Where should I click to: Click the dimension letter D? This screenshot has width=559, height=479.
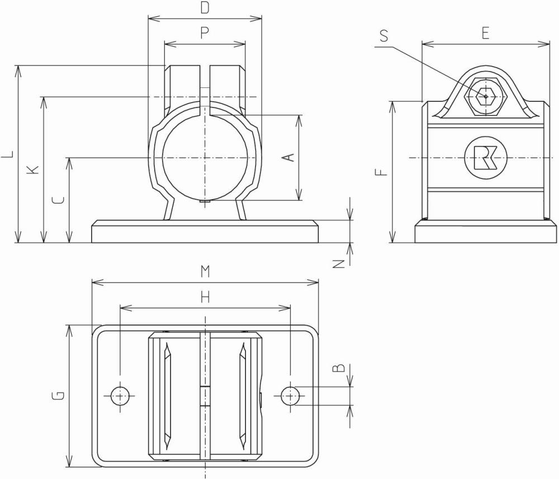click(205, 8)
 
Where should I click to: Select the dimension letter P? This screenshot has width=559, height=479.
click(205, 34)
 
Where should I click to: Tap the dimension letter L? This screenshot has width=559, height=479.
click(7, 154)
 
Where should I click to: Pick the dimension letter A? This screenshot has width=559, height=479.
click(289, 158)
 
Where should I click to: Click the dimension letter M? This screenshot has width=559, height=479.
click(205, 271)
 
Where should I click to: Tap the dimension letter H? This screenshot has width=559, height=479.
click(205, 297)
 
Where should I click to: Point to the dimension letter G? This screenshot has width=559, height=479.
click(58, 396)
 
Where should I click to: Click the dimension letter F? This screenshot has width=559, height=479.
click(381, 171)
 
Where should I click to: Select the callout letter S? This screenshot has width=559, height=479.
click(383, 36)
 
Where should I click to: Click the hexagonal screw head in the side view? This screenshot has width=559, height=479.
click(485, 97)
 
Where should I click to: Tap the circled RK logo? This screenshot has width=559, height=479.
click(485, 158)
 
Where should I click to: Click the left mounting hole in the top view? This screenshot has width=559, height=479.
click(120, 396)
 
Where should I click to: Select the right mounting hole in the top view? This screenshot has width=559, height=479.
click(290, 396)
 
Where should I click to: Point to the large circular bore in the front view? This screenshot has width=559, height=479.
click(205, 158)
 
